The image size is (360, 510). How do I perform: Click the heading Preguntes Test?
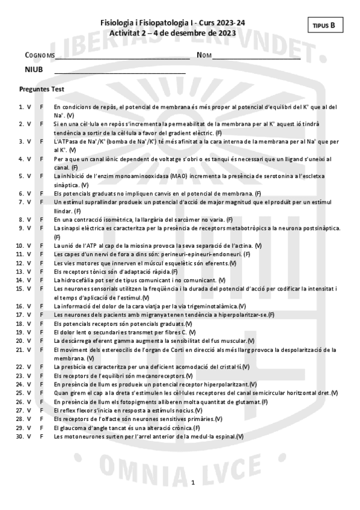42,88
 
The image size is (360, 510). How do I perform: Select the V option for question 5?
29,176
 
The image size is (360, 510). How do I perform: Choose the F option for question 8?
41,220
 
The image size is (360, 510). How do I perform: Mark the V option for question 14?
29,280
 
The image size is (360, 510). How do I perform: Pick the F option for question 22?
41,366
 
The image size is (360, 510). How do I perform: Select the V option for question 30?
29,436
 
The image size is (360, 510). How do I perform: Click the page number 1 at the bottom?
193,483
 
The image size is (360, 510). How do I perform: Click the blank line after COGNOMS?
123,58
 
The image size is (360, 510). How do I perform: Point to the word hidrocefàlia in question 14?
76,280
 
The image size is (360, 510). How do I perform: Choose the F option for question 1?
41,107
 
